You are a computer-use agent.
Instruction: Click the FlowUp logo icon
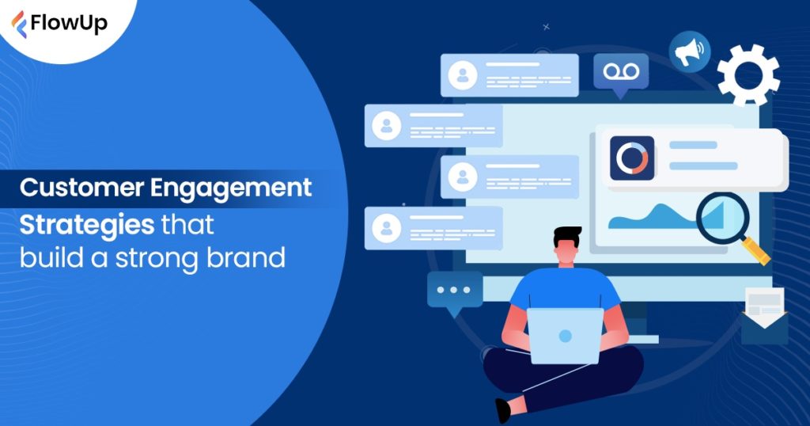(x=18, y=24)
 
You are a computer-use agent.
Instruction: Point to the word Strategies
(x=87, y=224)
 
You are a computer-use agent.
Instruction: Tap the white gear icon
(x=748, y=74)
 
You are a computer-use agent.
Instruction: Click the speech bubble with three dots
(x=454, y=291)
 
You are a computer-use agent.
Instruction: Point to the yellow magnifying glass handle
(x=758, y=252)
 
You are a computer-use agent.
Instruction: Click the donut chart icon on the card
(x=632, y=158)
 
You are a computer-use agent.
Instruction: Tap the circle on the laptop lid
(x=565, y=336)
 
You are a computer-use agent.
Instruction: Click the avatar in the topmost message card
(x=462, y=74)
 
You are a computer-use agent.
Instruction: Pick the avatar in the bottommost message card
(x=386, y=228)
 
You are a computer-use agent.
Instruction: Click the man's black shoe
(x=502, y=410)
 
